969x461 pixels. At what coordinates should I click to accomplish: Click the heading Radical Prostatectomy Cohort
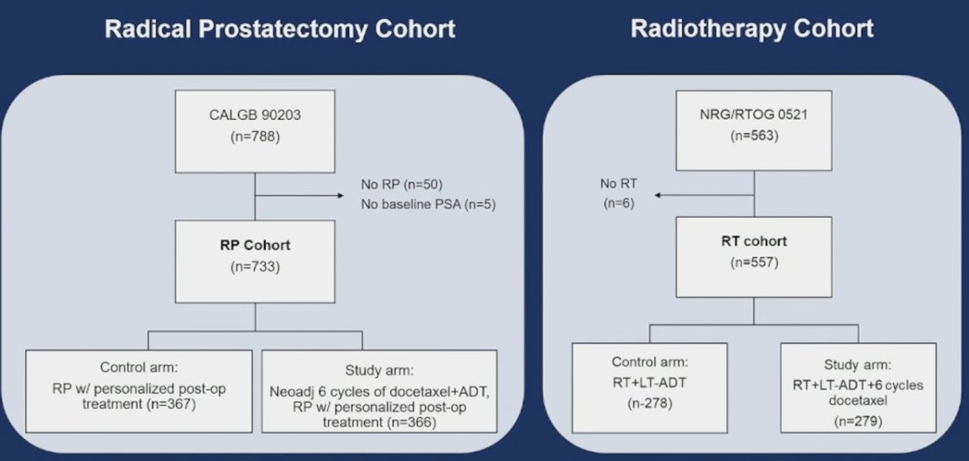click(x=280, y=30)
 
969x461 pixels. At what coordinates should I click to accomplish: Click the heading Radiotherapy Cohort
click(x=752, y=28)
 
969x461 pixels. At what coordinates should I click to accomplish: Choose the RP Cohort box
click(x=255, y=260)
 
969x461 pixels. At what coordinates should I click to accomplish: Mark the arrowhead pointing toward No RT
click(x=658, y=196)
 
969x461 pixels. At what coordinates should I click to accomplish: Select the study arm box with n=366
click(x=379, y=391)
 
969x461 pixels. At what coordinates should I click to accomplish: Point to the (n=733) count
click(x=255, y=268)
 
